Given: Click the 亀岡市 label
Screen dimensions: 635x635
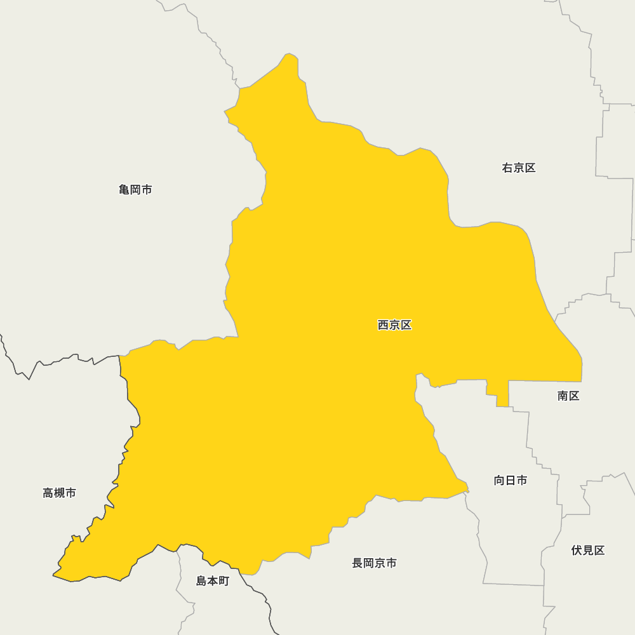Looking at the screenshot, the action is coord(135,189).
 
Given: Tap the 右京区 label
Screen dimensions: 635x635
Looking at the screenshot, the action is coord(519,168).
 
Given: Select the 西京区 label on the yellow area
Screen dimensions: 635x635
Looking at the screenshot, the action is coord(394,325).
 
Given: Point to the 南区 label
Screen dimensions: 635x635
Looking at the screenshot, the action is coord(568,396).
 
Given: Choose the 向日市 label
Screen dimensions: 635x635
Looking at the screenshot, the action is coord(511,480).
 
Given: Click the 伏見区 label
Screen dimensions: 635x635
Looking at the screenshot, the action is coord(588,551).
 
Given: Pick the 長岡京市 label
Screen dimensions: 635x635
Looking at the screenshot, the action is coord(375,563).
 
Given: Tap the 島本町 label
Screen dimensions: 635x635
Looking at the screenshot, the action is coord(212,580).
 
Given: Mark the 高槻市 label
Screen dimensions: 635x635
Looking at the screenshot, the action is coord(60,493).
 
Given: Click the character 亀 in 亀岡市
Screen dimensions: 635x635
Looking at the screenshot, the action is coord(124,189).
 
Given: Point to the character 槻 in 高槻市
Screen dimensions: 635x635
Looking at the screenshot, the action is coord(60,493).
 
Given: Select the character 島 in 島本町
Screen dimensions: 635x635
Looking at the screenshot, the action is coord(201,580).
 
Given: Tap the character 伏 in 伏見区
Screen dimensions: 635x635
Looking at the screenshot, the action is coord(577,551).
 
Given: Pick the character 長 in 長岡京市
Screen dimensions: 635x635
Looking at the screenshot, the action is coord(358,563).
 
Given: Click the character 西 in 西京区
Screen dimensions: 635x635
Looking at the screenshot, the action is coord(384,325).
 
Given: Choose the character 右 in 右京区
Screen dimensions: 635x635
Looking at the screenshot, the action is coord(508,168).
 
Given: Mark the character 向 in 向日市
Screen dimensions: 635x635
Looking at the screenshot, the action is coord(500,480).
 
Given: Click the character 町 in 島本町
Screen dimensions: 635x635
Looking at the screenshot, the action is coord(224,580).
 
